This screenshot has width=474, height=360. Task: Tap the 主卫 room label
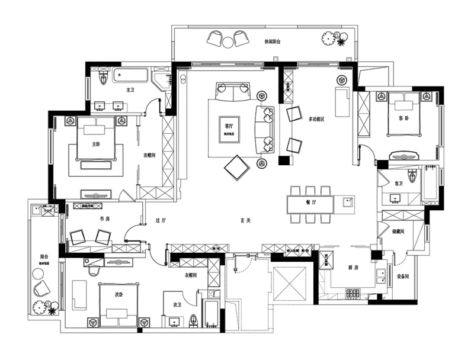tap(130, 90)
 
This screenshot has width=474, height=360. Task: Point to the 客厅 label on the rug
tap(229, 126)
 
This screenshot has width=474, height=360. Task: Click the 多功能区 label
tap(318, 119)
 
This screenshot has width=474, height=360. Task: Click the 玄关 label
tap(245, 220)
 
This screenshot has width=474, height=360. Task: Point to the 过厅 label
tap(161, 220)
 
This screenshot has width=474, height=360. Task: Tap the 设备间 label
tap(404, 276)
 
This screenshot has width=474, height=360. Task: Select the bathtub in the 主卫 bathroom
tap(131, 76)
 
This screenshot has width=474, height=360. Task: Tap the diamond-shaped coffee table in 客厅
tap(237, 168)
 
